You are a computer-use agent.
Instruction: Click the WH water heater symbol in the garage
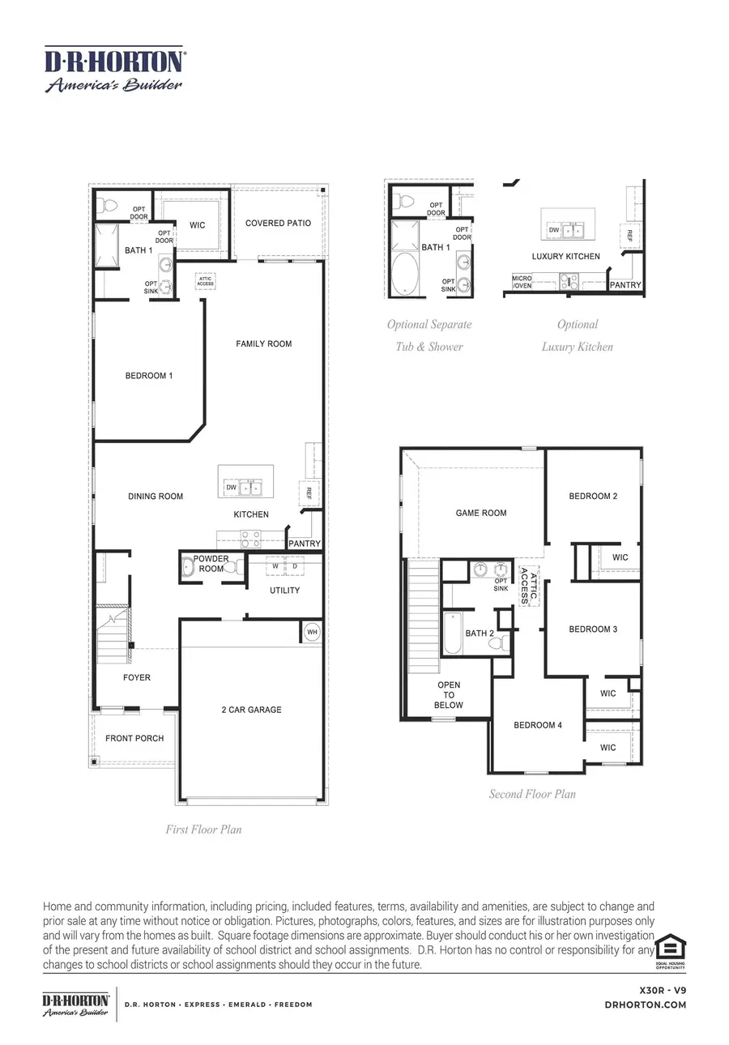click(x=311, y=632)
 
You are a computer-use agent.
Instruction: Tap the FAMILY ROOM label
click(x=263, y=344)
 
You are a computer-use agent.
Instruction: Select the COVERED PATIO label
click(x=278, y=223)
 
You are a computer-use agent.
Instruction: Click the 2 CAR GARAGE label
click(x=251, y=710)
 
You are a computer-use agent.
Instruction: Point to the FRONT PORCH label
click(x=134, y=738)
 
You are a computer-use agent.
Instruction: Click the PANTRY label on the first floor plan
click(x=305, y=544)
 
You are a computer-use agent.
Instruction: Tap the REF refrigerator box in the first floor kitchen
click(x=309, y=492)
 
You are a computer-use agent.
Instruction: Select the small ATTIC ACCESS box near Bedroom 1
click(x=205, y=281)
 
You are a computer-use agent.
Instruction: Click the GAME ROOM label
click(x=481, y=513)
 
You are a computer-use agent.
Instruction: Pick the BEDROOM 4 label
click(x=537, y=725)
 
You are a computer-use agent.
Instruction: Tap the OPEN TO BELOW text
click(x=449, y=695)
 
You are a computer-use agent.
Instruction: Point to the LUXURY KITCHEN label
click(x=565, y=257)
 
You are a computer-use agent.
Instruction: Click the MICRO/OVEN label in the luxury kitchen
click(x=522, y=282)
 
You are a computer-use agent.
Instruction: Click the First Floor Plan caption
click(x=203, y=830)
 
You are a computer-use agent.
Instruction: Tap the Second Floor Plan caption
click(x=532, y=794)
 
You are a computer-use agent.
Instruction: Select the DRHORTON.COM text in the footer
click(x=646, y=1004)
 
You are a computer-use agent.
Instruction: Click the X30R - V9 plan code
click(x=663, y=990)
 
